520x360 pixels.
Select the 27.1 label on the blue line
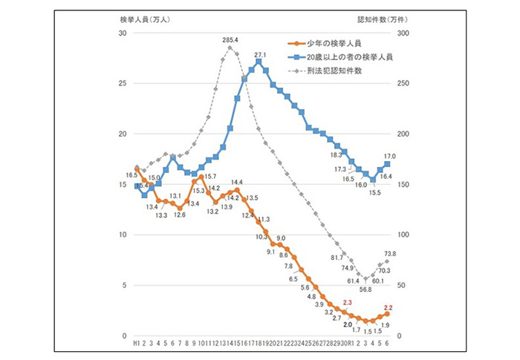260,54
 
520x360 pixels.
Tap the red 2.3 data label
347,303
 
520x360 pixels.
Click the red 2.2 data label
387,307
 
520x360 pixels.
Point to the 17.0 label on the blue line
389,157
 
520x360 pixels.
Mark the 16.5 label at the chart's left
131,174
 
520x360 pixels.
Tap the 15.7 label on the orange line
209,176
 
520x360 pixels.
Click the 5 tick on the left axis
123,286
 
